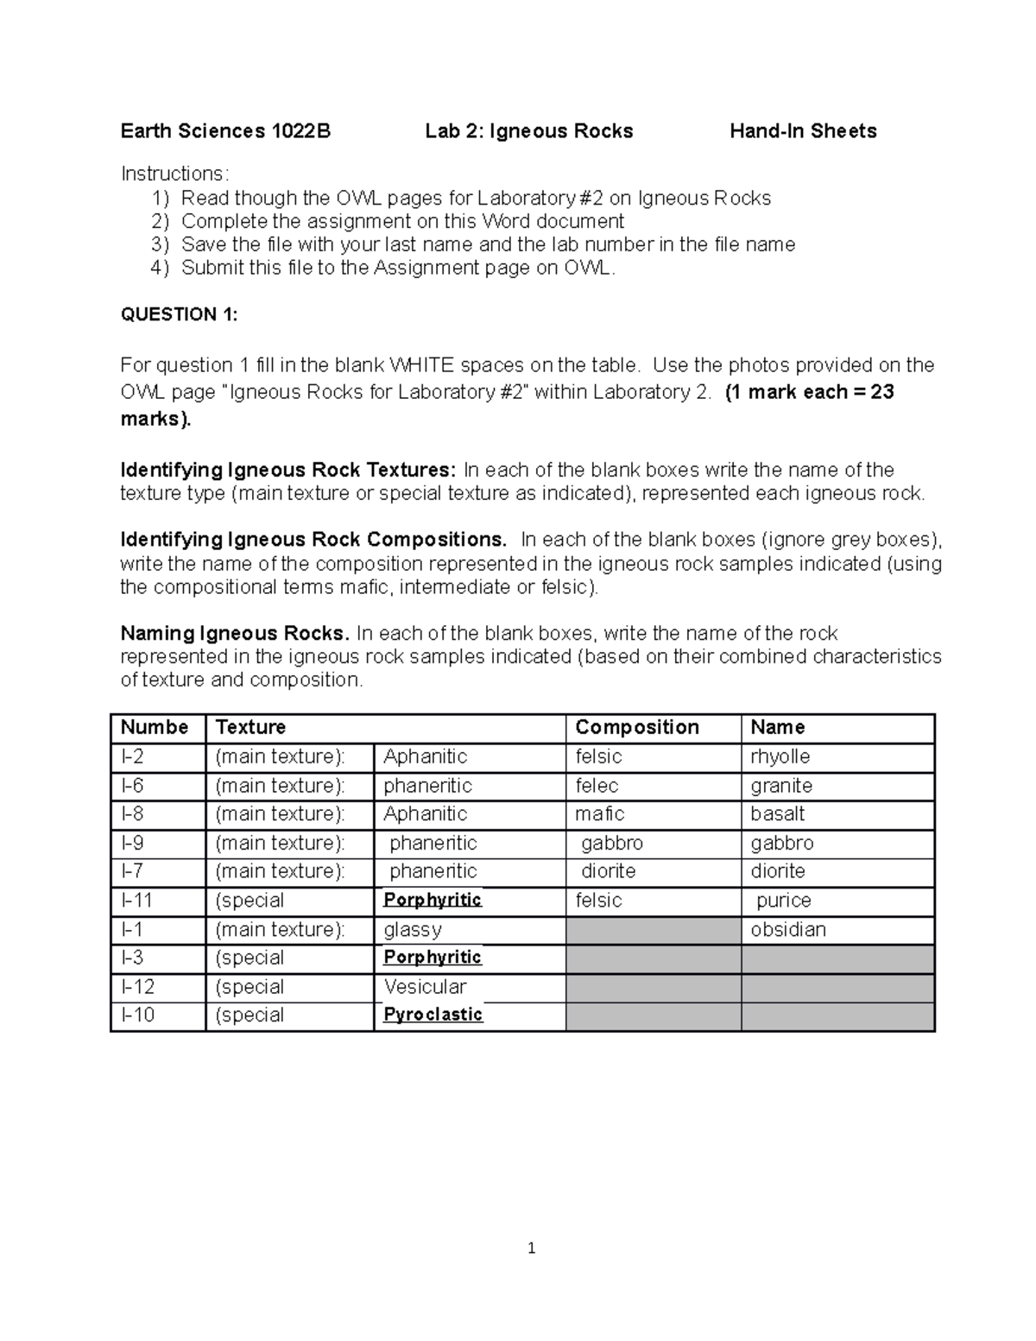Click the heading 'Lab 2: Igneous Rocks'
(x=528, y=131)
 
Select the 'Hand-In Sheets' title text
(x=803, y=131)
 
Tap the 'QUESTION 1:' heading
(x=179, y=314)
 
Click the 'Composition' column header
(x=637, y=727)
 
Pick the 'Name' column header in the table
(x=777, y=727)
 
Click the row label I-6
(x=133, y=785)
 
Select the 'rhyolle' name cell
(x=780, y=756)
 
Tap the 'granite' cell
(x=781, y=785)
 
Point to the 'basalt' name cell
(x=777, y=813)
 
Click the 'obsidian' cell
(x=788, y=929)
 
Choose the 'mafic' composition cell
(x=600, y=813)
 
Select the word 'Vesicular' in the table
(x=425, y=986)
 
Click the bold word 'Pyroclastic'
(x=433, y=1015)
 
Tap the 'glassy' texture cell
(x=413, y=929)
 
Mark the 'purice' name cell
(x=784, y=900)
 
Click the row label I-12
(x=138, y=986)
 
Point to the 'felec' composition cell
(x=597, y=785)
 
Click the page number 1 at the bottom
(x=531, y=1248)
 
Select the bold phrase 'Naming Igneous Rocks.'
(x=235, y=633)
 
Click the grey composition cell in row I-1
(x=653, y=929)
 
